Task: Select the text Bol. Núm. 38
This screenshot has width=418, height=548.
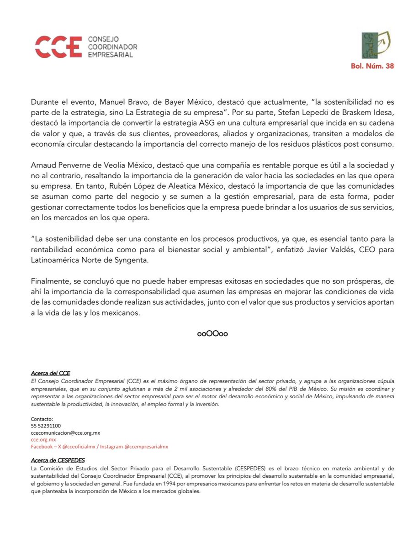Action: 372,66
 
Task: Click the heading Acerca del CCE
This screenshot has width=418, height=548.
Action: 50,373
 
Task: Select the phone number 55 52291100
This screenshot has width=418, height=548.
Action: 46,425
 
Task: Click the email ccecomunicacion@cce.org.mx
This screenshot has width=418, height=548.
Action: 65,432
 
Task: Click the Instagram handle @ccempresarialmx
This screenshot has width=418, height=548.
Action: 146,446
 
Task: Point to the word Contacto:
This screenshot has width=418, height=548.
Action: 42,418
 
